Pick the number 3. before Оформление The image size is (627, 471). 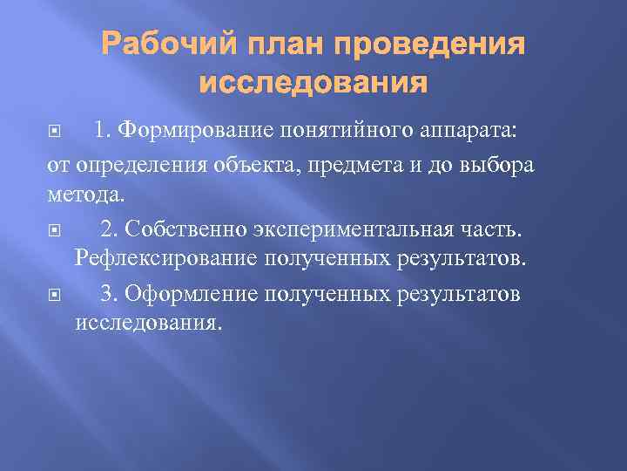point(110,294)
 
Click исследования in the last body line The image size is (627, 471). point(149,322)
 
